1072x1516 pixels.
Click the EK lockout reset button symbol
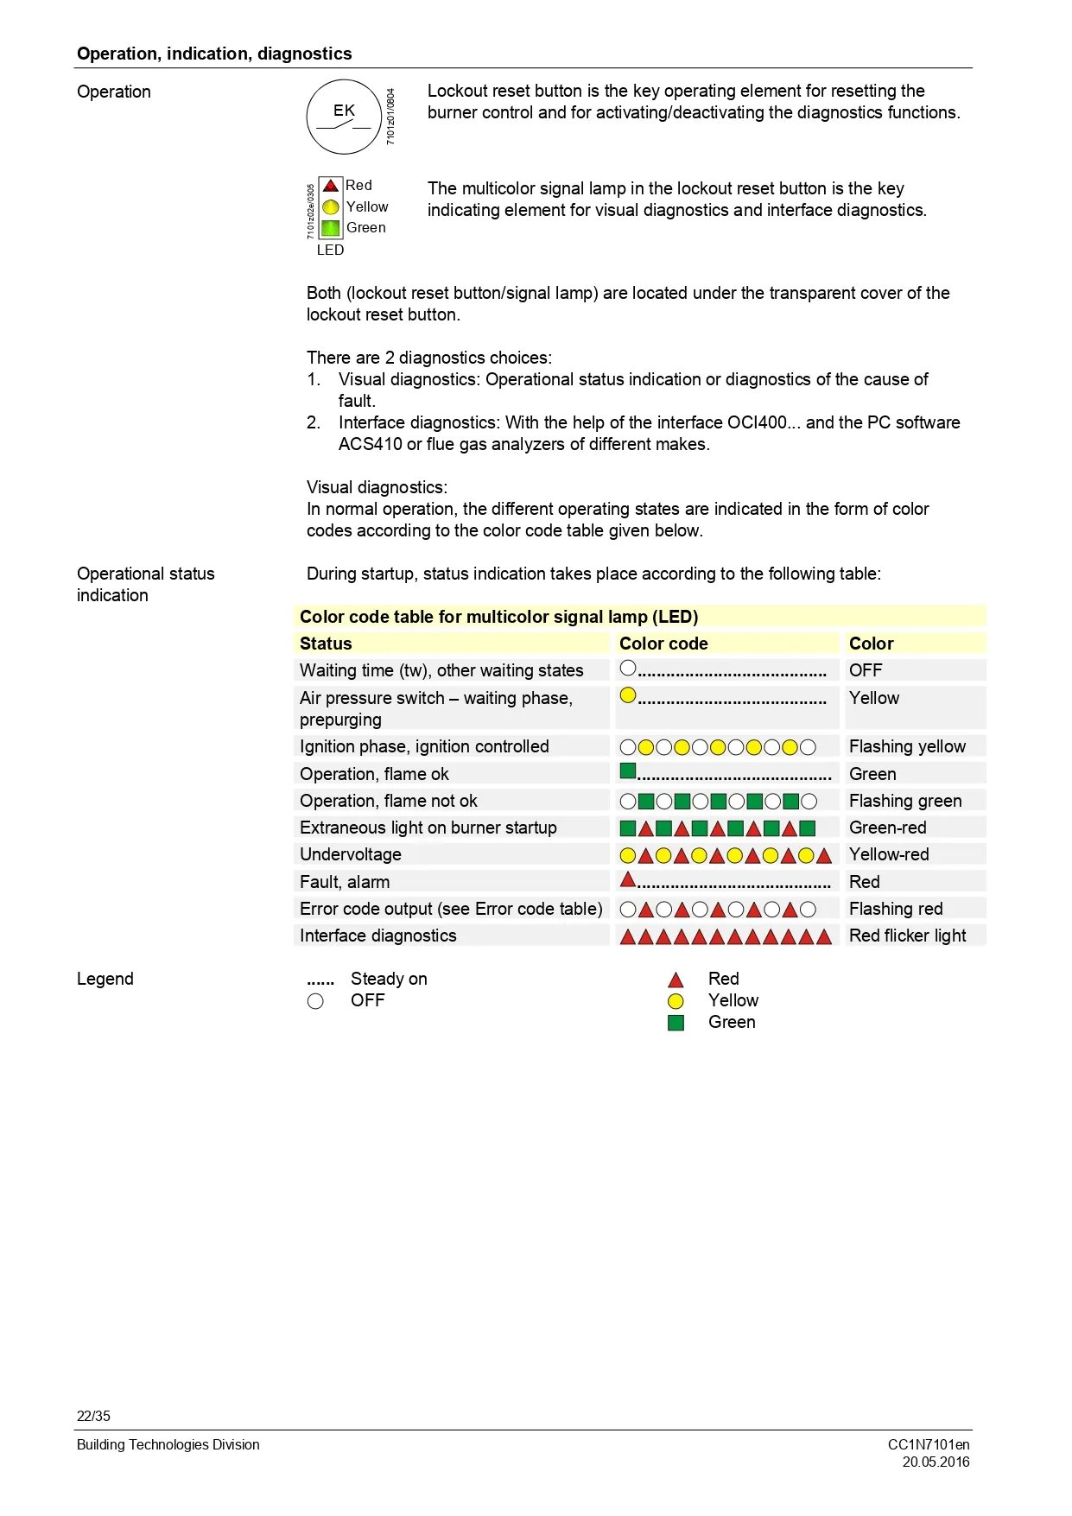(344, 117)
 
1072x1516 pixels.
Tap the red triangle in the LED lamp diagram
(331, 186)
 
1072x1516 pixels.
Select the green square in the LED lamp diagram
(331, 228)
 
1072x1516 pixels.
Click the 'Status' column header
(326, 644)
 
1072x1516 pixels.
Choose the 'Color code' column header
(663, 644)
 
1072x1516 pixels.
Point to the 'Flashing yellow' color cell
(907, 746)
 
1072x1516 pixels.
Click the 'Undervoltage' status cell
(351, 854)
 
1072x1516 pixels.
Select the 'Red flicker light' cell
(907, 936)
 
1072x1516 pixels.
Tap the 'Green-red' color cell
(887, 828)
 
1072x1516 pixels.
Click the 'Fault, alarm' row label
(345, 882)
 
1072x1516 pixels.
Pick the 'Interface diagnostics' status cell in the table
(377, 936)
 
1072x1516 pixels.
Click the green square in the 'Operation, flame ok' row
(628, 771)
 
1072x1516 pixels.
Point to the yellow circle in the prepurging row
(628, 695)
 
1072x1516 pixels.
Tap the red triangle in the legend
(676, 980)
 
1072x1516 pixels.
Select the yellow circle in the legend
(676, 1001)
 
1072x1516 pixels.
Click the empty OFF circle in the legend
(315, 1001)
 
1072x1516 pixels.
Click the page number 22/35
(93, 1416)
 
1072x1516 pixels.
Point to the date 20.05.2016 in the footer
(936, 1462)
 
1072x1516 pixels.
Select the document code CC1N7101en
(929, 1444)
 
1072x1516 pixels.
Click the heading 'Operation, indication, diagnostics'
(214, 54)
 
